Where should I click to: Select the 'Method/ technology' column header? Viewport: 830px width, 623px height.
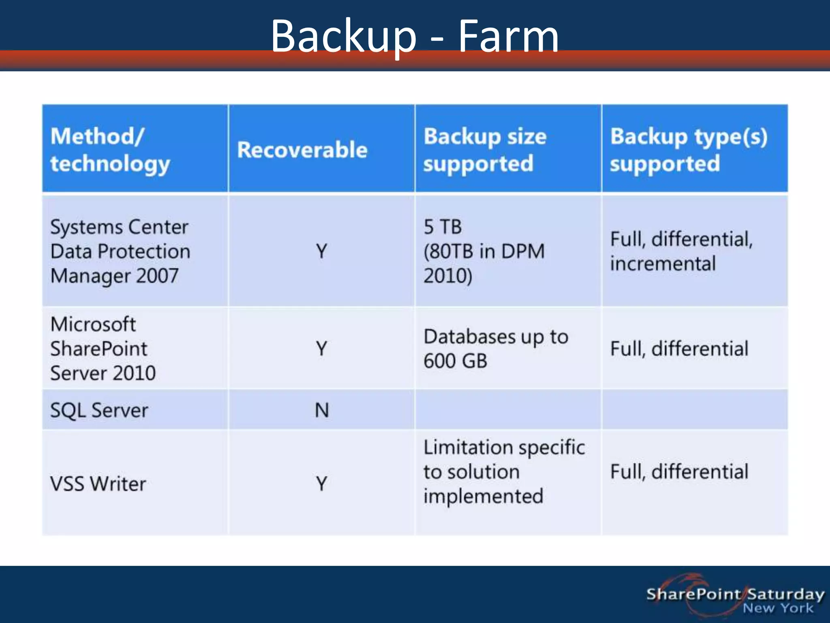point(110,150)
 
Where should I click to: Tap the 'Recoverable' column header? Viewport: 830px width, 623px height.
point(302,150)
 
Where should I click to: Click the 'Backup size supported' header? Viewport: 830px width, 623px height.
point(485,150)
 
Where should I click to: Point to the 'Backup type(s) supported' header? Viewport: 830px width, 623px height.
point(689,150)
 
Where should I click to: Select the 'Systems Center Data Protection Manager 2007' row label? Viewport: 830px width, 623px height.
point(120,251)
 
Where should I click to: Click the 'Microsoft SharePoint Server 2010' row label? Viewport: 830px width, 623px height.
point(103,348)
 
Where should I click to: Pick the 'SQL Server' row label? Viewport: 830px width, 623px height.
point(99,410)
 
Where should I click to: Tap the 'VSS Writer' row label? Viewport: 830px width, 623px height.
point(98,483)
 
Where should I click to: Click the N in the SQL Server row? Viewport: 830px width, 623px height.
point(322,410)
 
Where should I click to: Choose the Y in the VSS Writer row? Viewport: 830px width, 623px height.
point(322,483)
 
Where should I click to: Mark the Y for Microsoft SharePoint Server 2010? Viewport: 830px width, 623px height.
point(322,348)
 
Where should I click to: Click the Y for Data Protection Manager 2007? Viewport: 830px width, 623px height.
point(322,251)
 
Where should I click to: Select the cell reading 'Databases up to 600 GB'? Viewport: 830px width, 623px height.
point(496,348)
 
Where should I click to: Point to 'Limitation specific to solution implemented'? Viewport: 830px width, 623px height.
point(504,471)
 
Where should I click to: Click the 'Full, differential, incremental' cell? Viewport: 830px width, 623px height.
point(681,251)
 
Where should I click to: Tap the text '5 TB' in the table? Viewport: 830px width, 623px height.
point(443,227)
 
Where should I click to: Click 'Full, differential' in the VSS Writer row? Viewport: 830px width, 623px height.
point(679,471)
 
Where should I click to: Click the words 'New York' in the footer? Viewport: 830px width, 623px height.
point(778,608)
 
